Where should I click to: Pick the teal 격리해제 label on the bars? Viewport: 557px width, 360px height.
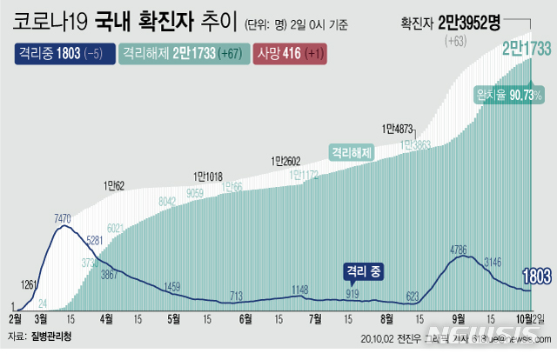tap(351, 152)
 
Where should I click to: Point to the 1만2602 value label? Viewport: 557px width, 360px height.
tap(285, 160)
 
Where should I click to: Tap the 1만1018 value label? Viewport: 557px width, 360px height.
tap(208, 176)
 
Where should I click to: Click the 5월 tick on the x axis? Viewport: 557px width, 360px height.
tap(175, 319)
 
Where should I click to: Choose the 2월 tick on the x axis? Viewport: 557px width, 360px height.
tap(16, 319)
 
